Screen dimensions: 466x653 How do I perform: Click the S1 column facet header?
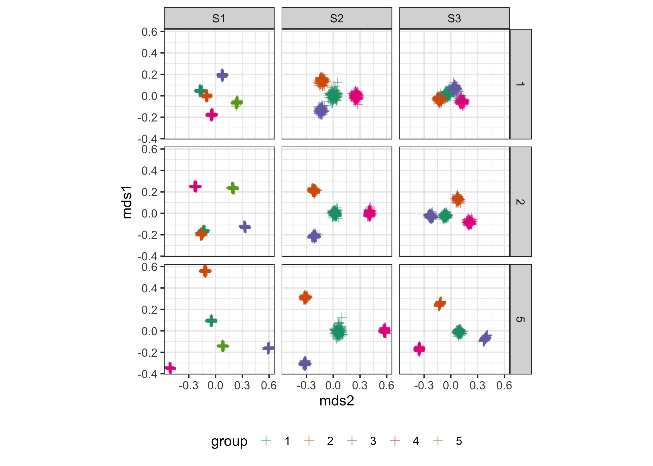[219, 18]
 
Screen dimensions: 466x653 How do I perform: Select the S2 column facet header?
[336, 18]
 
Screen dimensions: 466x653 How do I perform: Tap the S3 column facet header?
[454, 18]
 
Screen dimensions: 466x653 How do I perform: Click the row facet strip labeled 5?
[521, 319]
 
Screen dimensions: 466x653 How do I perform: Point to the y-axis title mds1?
[127, 202]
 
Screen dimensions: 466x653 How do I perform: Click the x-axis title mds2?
[336, 401]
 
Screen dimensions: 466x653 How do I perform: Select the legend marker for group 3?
[352, 441]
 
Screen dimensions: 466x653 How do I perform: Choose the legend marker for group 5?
[438, 441]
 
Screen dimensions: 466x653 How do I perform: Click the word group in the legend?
[229, 441]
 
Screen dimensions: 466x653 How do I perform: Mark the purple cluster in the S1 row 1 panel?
[222, 75]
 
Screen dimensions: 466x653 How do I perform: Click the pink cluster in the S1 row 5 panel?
[170, 368]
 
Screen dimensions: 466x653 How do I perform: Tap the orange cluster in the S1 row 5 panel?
[205, 271]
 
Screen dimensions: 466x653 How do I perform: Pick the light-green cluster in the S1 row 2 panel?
[233, 188]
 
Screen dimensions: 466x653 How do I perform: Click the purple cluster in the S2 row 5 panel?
[305, 363]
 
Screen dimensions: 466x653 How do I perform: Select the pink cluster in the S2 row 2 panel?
[369, 213]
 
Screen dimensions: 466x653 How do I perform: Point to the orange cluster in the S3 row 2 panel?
[457, 199]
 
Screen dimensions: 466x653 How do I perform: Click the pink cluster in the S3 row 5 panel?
[419, 349]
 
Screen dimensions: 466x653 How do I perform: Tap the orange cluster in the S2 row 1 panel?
[322, 81]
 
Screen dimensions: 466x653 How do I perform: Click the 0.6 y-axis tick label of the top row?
[149, 32]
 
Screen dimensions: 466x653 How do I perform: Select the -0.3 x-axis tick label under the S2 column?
[306, 386]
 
